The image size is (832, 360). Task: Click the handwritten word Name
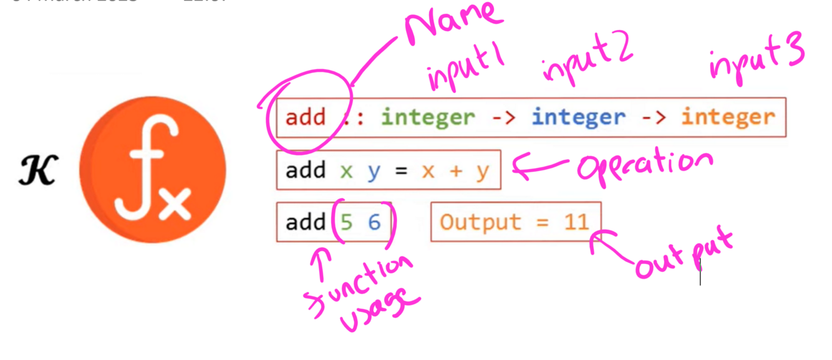pyautogui.click(x=454, y=25)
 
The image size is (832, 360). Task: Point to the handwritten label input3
pyautogui.click(x=756, y=57)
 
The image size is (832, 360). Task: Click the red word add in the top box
pyautogui.click(x=306, y=117)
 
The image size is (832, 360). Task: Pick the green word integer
pyautogui.click(x=428, y=117)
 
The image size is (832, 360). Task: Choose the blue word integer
pyautogui.click(x=578, y=117)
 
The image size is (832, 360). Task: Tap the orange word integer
pyautogui.click(x=728, y=117)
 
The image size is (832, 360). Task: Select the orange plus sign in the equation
pyautogui.click(x=456, y=170)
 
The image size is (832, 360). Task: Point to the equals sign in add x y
pyautogui.click(x=401, y=170)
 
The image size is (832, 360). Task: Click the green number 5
pyautogui.click(x=347, y=222)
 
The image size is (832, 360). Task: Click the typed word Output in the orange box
pyautogui.click(x=480, y=222)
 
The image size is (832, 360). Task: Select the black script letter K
pyautogui.click(x=37, y=171)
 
